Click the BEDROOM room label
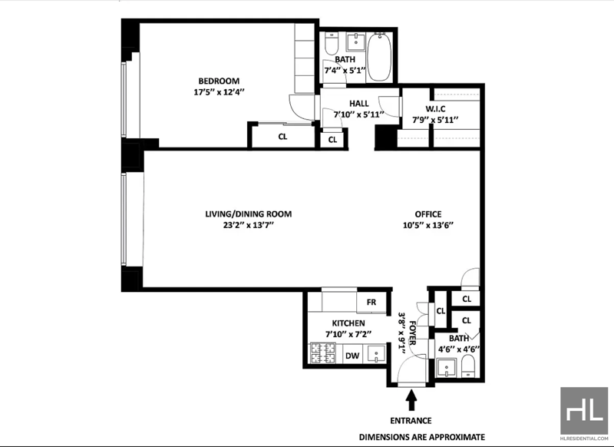pyautogui.click(x=219, y=81)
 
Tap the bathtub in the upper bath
pyautogui.click(x=379, y=57)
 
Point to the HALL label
pyautogui.click(x=358, y=104)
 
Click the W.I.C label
pyautogui.click(x=435, y=109)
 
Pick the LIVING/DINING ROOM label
pyautogui.click(x=248, y=214)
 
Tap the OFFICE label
pyautogui.click(x=428, y=214)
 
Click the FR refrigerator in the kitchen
pyautogui.click(x=371, y=302)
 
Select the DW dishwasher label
pyautogui.click(x=352, y=356)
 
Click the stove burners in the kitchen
pyautogui.click(x=323, y=353)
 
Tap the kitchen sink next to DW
pyautogui.click(x=375, y=354)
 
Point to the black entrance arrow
pyautogui.click(x=411, y=400)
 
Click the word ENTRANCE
pyautogui.click(x=411, y=421)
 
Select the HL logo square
pyautogui.click(x=584, y=411)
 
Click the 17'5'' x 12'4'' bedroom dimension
pyautogui.click(x=219, y=92)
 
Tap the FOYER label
pyautogui.click(x=413, y=333)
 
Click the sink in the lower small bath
pyautogui.click(x=446, y=368)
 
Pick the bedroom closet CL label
pyautogui.click(x=282, y=137)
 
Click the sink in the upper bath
pyautogui.click(x=356, y=42)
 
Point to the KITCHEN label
pyautogui.click(x=348, y=323)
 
